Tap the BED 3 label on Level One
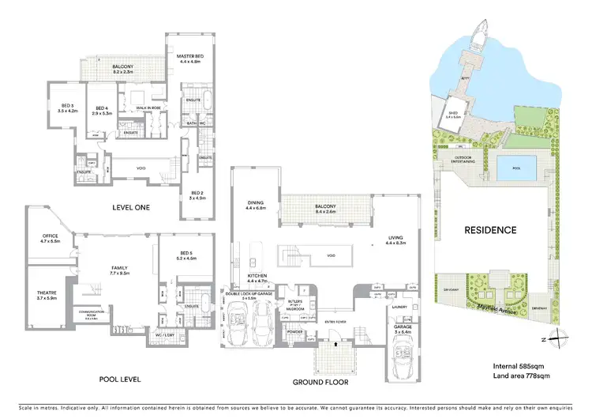coord(68,105)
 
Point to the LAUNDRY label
coord(398,307)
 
